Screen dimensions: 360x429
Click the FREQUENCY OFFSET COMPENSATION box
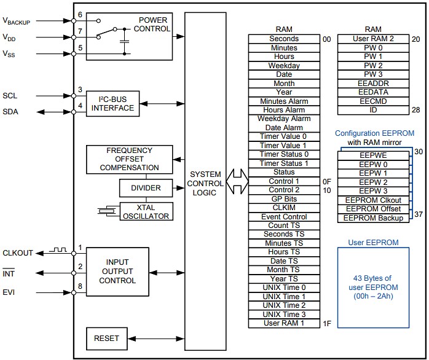129,159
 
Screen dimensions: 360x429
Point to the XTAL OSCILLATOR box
146,211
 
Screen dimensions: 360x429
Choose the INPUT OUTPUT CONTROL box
117,272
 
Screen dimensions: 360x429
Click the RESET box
106,338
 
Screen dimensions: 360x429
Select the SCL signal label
10,96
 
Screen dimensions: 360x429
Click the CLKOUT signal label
18,252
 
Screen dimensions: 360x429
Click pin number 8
80,286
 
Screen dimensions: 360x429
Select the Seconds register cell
283,39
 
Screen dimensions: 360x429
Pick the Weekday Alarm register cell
283,119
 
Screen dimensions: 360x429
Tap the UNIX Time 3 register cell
283,314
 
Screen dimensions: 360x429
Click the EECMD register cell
373,101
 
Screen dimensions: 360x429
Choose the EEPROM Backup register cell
373,218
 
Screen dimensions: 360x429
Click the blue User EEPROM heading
373,242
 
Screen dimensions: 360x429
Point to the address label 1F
326,323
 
